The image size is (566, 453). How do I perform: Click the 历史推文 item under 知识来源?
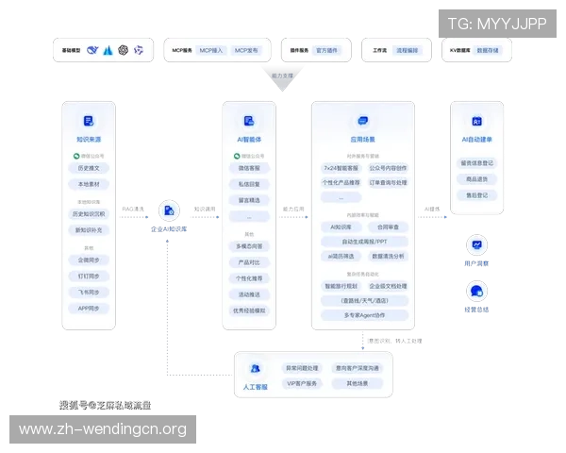click(x=89, y=167)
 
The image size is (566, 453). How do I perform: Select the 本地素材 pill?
click(x=89, y=184)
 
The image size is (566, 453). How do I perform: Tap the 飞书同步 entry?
click(x=89, y=293)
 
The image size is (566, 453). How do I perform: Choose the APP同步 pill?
click(x=89, y=309)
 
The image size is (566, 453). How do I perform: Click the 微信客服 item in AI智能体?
click(x=249, y=168)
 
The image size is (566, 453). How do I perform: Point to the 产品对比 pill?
click(x=249, y=261)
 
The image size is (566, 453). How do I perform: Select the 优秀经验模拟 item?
click(x=249, y=310)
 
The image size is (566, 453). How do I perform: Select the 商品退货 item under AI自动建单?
click(x=477, y=178)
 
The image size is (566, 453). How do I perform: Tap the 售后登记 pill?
click(x=477, y=194)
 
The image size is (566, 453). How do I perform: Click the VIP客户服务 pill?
click(x=304, y=384)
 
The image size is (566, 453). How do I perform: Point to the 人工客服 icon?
click(x=254, y=370)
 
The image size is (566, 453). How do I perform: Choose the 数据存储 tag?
click(x=490, y=49)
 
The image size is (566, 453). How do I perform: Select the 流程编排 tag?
click(x=408, y=49)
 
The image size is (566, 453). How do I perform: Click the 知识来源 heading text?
click(x=89, y=138)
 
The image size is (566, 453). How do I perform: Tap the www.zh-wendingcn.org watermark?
click(x=103, y=430)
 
